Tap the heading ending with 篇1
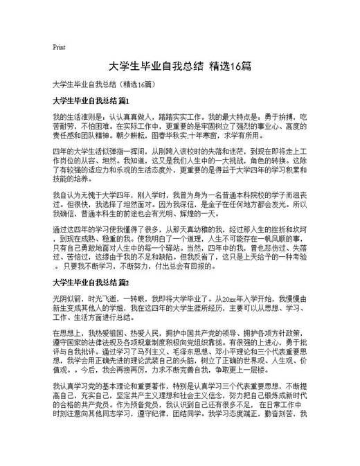[91, 100]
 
